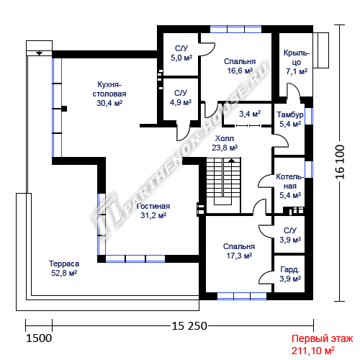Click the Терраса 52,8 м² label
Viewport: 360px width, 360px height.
64,269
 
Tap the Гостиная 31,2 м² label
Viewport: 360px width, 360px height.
153,211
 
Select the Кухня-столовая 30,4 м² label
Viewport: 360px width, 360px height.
109,94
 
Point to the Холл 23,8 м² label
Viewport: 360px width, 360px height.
225,143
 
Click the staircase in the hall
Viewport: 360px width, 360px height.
223,185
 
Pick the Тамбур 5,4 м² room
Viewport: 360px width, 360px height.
289,130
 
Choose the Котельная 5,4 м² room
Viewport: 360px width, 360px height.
289,185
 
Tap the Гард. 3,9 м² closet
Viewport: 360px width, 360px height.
289,274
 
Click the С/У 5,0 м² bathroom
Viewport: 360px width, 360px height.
181,54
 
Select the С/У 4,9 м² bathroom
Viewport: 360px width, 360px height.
181,99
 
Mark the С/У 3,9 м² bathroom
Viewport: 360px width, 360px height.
289,234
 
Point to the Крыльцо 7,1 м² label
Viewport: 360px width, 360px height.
297,62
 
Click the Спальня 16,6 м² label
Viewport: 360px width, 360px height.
240,66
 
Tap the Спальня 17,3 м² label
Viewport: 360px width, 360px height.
239,251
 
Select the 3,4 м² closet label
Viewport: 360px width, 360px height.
250,114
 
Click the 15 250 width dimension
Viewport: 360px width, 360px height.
189,326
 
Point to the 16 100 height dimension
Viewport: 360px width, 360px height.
340,162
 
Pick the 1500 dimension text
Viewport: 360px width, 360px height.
39,338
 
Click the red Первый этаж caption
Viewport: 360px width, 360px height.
323,338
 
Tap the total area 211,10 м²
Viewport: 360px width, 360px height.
313,351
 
